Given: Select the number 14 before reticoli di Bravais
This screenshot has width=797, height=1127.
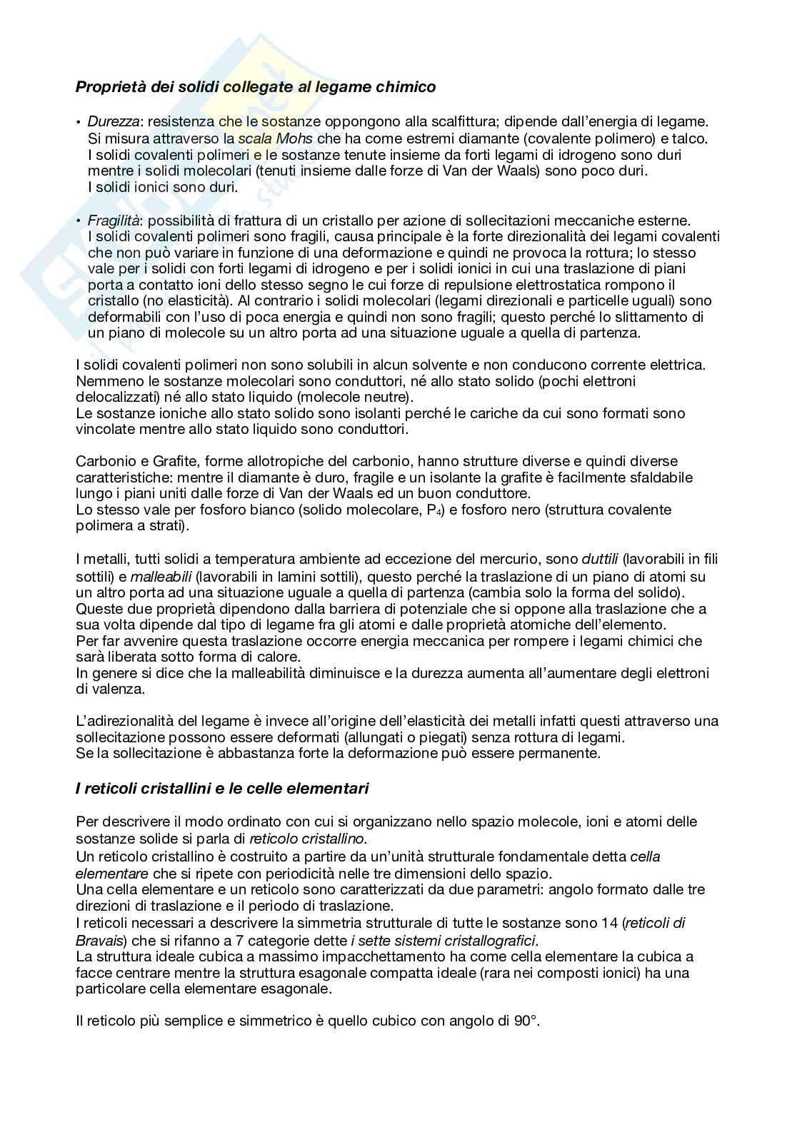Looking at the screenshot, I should pyautogui.click(x=607, y=923).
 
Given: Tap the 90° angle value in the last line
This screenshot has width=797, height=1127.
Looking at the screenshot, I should pyautogui.click(x=524, y=1021).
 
